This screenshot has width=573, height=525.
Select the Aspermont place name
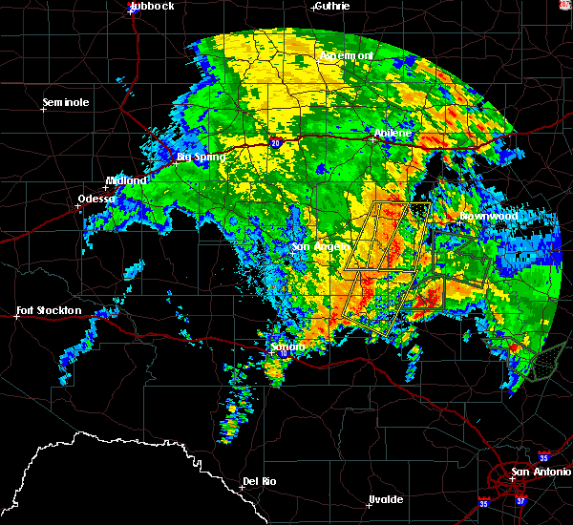346,55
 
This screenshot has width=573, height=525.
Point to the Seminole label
66,102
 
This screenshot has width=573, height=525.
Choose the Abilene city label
392,133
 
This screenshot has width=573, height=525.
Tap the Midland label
125,180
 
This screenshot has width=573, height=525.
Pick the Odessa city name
97,199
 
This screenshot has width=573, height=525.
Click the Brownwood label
489,217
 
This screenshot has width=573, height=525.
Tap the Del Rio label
259,481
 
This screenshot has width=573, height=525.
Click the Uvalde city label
386,499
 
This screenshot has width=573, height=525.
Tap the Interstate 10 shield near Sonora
285,352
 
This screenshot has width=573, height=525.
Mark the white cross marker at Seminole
43,109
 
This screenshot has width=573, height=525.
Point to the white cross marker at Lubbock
131,11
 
